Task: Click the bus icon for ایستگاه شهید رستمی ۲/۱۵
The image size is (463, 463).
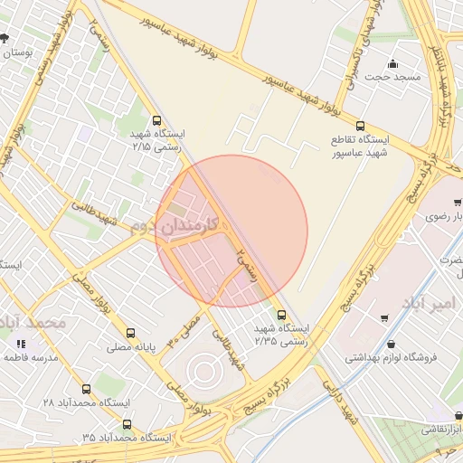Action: pos(157,120)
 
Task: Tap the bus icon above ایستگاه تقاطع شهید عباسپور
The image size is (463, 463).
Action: pos(361,126)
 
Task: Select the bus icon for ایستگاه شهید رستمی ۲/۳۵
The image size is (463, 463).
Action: pos(281,316)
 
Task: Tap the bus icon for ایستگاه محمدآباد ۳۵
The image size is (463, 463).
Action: pos(126,422)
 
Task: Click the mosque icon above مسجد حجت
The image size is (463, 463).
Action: pos(392,63)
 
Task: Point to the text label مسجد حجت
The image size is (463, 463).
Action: pos(392,78)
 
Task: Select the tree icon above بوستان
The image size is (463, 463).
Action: pos(5,38)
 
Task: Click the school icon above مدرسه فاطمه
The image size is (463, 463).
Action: pos(21,344)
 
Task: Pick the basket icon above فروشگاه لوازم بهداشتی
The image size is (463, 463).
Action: pos(390,343)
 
